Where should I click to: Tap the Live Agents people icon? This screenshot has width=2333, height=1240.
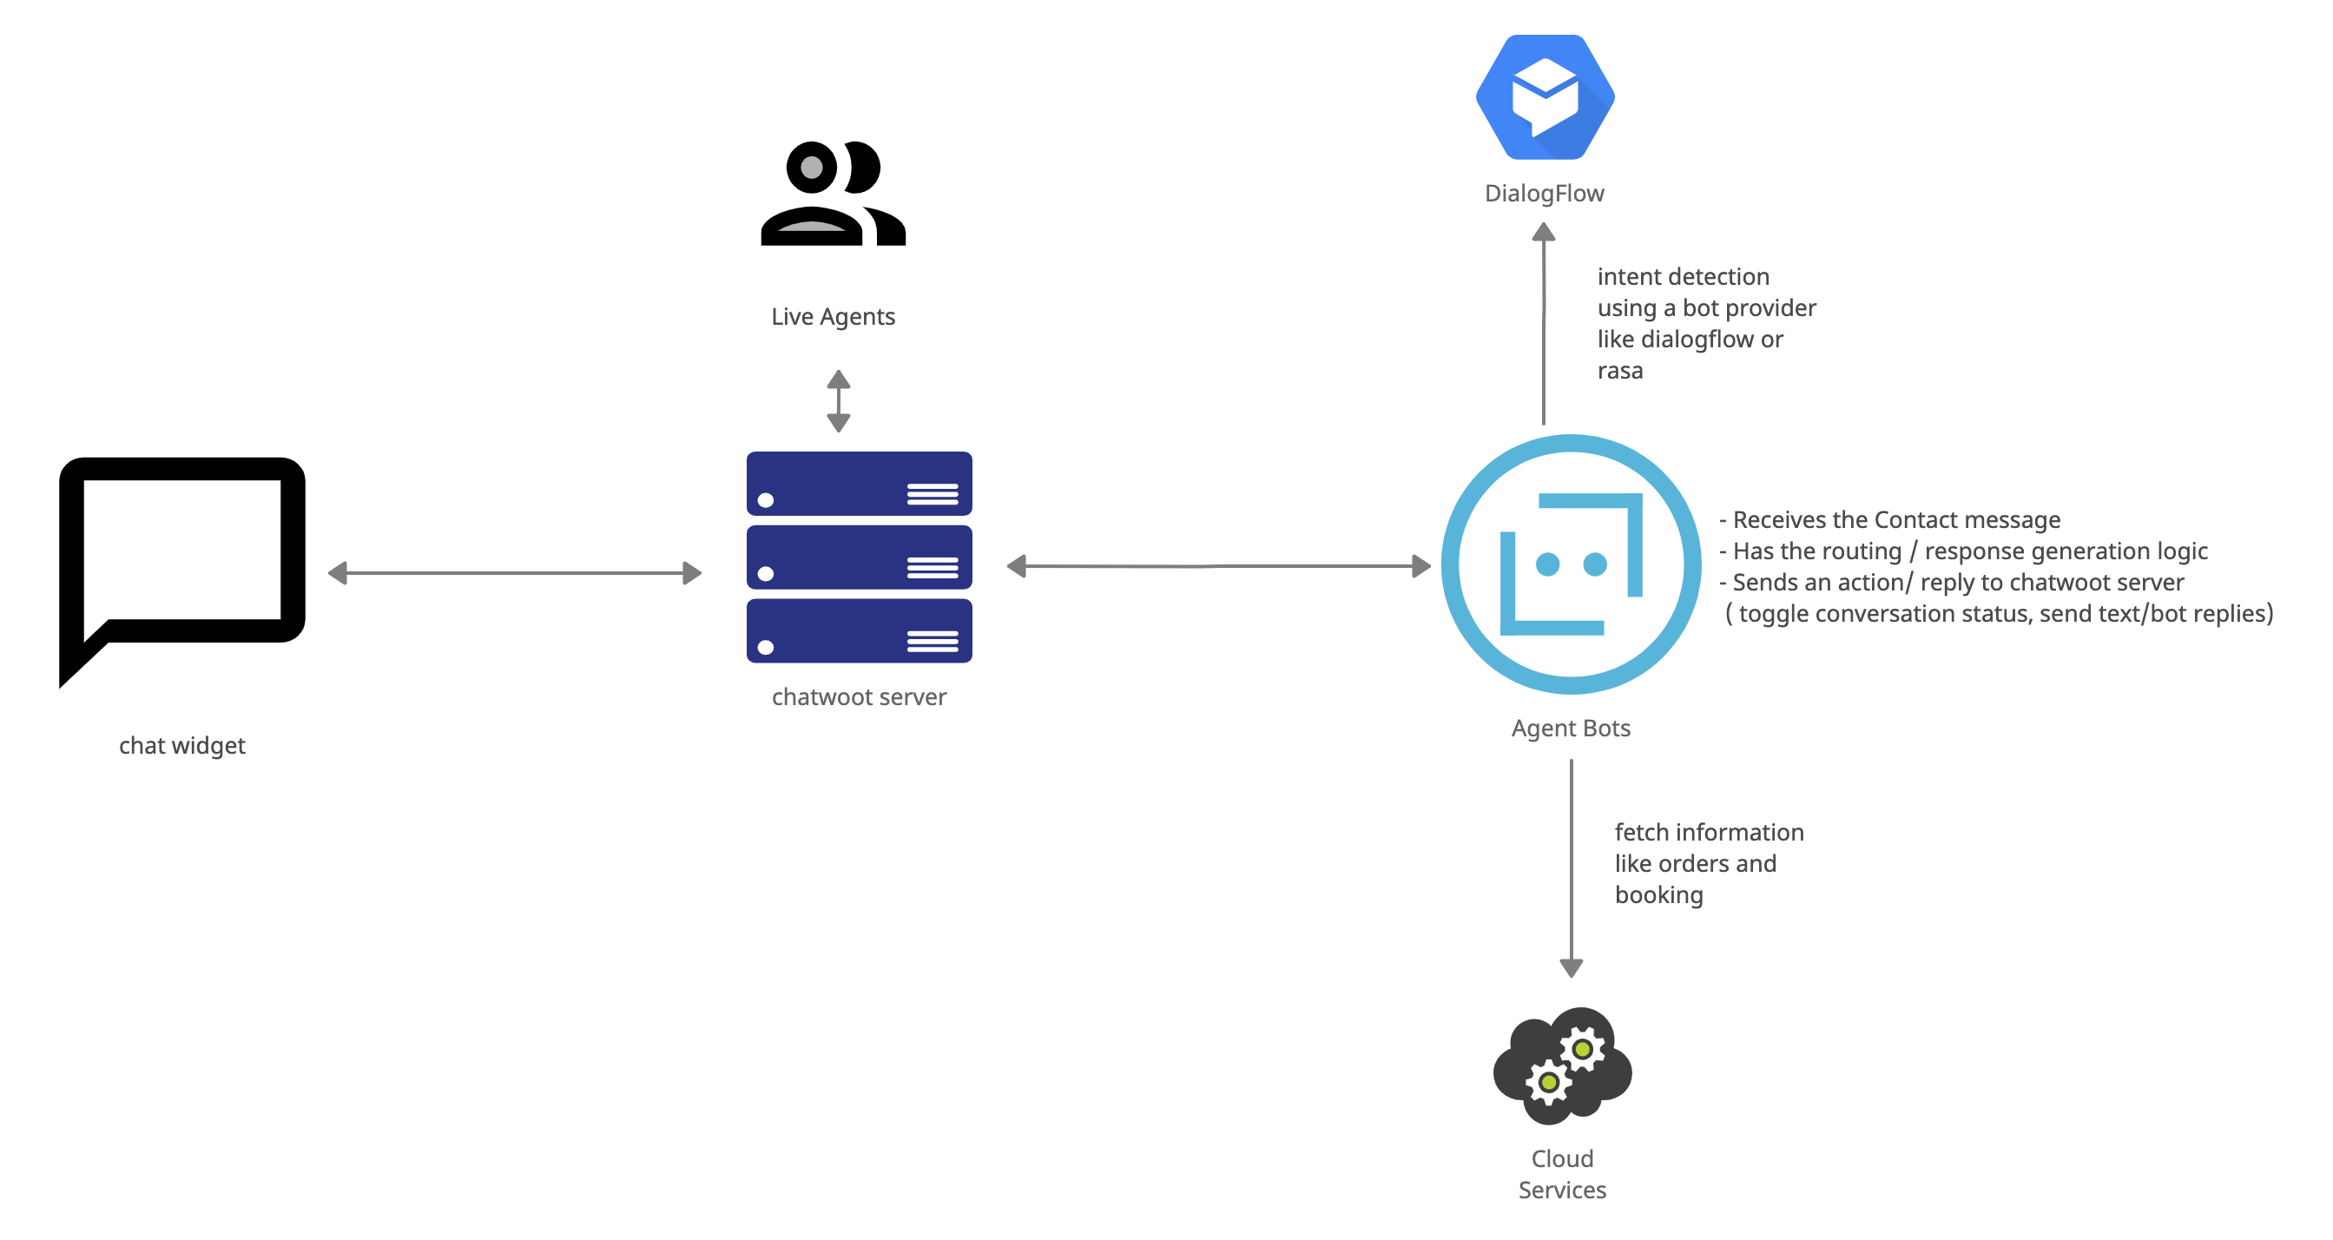pos(834,193)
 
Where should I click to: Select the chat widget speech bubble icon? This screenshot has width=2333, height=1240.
pos(182,571)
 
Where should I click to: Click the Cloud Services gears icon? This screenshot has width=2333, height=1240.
pos(1562,1066)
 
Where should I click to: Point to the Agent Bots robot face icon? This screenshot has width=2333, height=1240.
pos(1572,564)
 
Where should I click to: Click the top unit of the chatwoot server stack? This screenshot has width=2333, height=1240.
pos(859,484)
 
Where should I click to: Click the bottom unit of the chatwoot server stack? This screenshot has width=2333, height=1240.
pos(859,631)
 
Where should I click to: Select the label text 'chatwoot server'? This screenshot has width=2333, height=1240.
pos(859,696)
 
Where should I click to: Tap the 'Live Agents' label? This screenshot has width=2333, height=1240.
pos(833,316)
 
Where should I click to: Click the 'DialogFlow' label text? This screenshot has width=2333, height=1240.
pos(1544,193)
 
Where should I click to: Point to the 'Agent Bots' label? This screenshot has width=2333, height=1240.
pos(1571,729)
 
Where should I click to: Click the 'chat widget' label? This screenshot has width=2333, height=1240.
pos(182,745)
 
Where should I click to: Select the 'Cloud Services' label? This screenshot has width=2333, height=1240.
pos(1562,1174)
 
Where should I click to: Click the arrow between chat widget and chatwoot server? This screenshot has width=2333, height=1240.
pos(514,572)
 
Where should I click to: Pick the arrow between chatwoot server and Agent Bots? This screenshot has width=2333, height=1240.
pos(1218,566)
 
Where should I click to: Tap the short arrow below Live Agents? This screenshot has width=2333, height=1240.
pos(839,400)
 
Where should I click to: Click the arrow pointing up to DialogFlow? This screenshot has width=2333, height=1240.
pos(1543,326)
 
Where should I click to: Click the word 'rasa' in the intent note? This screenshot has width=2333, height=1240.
pos(1619,371)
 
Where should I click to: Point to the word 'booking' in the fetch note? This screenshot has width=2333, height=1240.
pos(1658,895)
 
